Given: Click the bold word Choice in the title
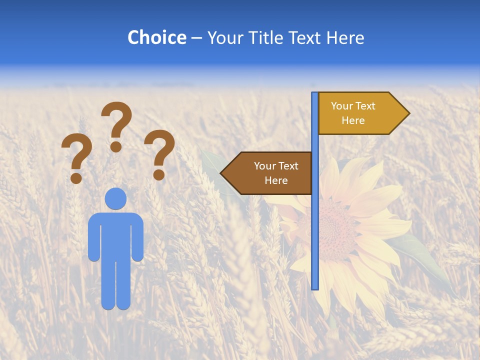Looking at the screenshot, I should [156, 38].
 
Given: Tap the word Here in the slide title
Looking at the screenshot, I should [345, 38].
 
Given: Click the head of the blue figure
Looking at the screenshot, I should [115, 198].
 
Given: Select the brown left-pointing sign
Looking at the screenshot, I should [270, 173].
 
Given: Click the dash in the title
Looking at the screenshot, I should [196, 38].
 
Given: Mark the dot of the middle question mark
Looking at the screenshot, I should [116, 146].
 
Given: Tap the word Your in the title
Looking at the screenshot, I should [223, 38].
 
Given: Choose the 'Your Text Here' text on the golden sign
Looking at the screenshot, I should [353, 113].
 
